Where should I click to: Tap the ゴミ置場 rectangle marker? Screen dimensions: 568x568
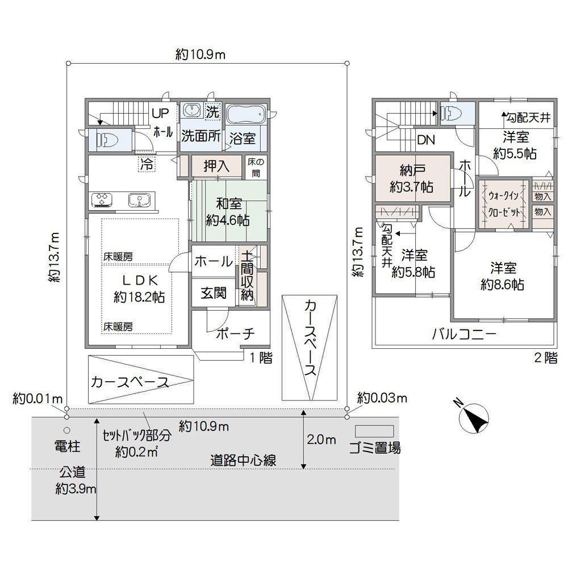click(374, 431)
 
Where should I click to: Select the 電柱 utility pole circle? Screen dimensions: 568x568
click(66, 431)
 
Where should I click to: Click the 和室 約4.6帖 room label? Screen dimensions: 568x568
click(228, 211)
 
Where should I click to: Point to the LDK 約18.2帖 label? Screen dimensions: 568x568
click(139, 289)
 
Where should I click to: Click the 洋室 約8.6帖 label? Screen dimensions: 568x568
click(503, 276)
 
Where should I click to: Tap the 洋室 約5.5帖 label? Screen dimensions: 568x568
click(515, 145)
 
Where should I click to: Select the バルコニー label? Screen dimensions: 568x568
click(464, 334)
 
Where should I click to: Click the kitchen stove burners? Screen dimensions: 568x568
click(102, 200)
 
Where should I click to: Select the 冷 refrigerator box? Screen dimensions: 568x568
click(147, 164)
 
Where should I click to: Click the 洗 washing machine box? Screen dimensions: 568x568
click(213, 111)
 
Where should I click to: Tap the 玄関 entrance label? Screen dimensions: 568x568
click(214, 293)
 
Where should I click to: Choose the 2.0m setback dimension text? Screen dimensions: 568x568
click(321, 440)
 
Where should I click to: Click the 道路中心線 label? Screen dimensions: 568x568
click(244, 461)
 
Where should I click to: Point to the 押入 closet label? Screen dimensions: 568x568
click(216, 166)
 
